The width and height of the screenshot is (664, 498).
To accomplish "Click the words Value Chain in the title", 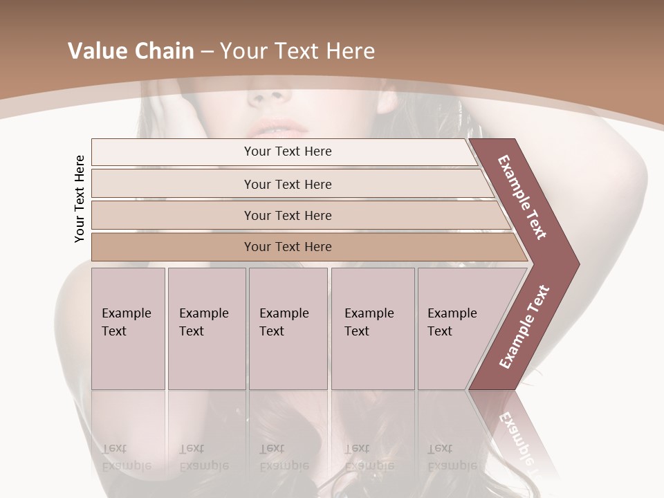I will pyautogui.click(x=131, y=51).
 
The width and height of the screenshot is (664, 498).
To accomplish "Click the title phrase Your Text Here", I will pyautogui.click(x=297, y=51).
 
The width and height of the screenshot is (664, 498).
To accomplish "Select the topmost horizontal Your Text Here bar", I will pyautogui.click(x=288, y=151).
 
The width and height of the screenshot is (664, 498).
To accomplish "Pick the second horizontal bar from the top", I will pyautogui.click(x=288, y=184).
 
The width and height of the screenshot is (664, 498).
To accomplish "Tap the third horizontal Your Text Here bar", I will pyautogui.click(x=288, y=215).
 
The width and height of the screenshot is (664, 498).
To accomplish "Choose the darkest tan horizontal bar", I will pyautogui.click(x=288, y=247).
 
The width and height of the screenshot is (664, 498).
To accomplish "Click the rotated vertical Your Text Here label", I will pyautogui.click(x=80, y=199).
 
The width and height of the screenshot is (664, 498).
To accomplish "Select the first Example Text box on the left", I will pyautogui.click(x=128, y=329).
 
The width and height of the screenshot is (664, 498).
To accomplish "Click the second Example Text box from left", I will pyautogui.click(x=206, y=329).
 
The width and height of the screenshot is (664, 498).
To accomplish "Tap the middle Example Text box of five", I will pyautogui.click(x=287, y=329).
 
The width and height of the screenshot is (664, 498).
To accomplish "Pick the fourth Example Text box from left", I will pyautogui.click(x=372, y=329).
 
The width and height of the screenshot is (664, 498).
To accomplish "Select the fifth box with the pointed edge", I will pyautogui.click(x=456, y=329).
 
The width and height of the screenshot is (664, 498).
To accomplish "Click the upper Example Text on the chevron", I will pyautogui.click(x=522, y=197).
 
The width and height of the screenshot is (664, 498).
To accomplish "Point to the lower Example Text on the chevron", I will pyautogui.click(x=524, y=326).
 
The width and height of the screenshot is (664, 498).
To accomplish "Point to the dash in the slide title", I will pyautogui.click(x=207, y=52).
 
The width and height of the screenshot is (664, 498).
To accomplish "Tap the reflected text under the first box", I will pyautogui.click(x=126, y=458).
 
